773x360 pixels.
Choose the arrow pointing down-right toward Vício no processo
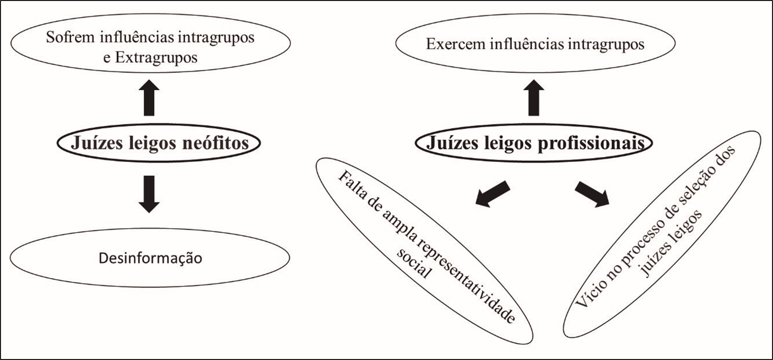[591, 194]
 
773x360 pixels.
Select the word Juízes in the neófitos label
[95, 143]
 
